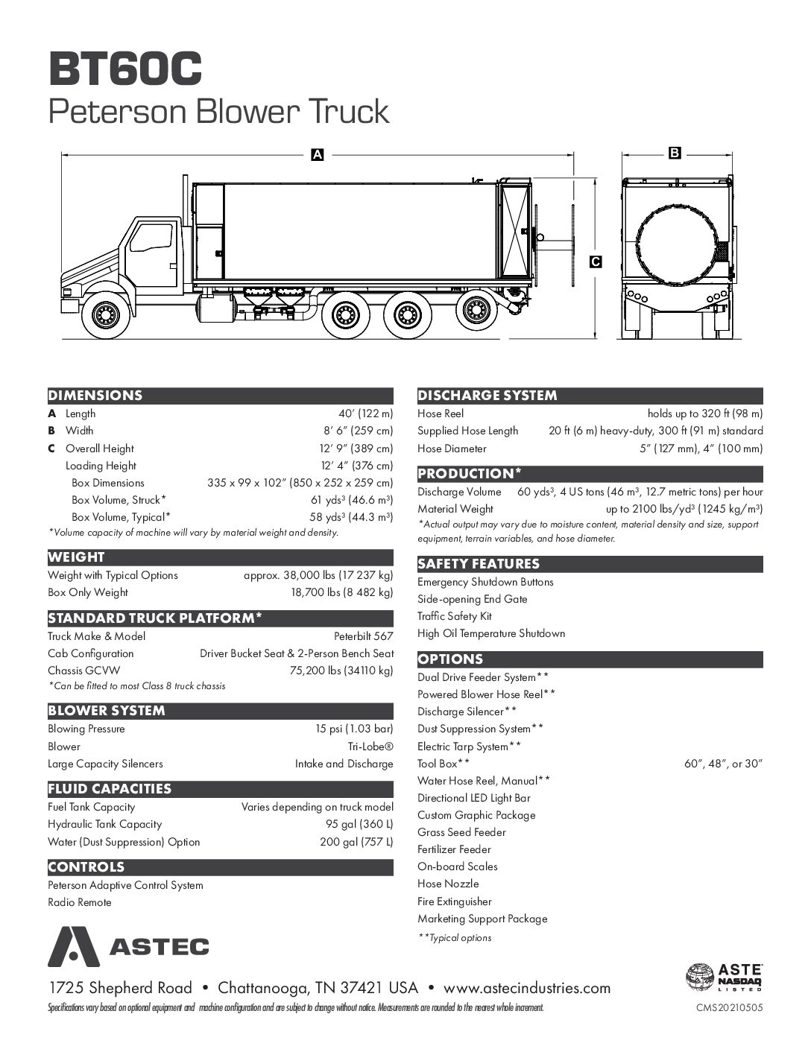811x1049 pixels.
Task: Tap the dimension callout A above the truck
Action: point(318,155)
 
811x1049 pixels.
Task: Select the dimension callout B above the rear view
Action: point(674,153)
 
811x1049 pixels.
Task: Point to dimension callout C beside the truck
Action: point(596,262)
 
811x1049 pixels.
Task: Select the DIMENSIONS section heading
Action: point(95,396)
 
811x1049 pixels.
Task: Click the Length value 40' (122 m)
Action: point(365,413)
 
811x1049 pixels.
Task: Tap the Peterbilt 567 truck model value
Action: point(363,636)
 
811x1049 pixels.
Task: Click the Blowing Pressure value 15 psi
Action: point(354,729)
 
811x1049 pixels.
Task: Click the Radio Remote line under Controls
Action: point(80,902)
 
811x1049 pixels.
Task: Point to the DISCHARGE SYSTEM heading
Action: point(487,396)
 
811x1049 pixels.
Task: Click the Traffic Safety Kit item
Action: point(454,616)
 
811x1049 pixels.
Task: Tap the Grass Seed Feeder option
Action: point(461,832)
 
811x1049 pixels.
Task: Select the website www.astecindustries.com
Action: point(527,989)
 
